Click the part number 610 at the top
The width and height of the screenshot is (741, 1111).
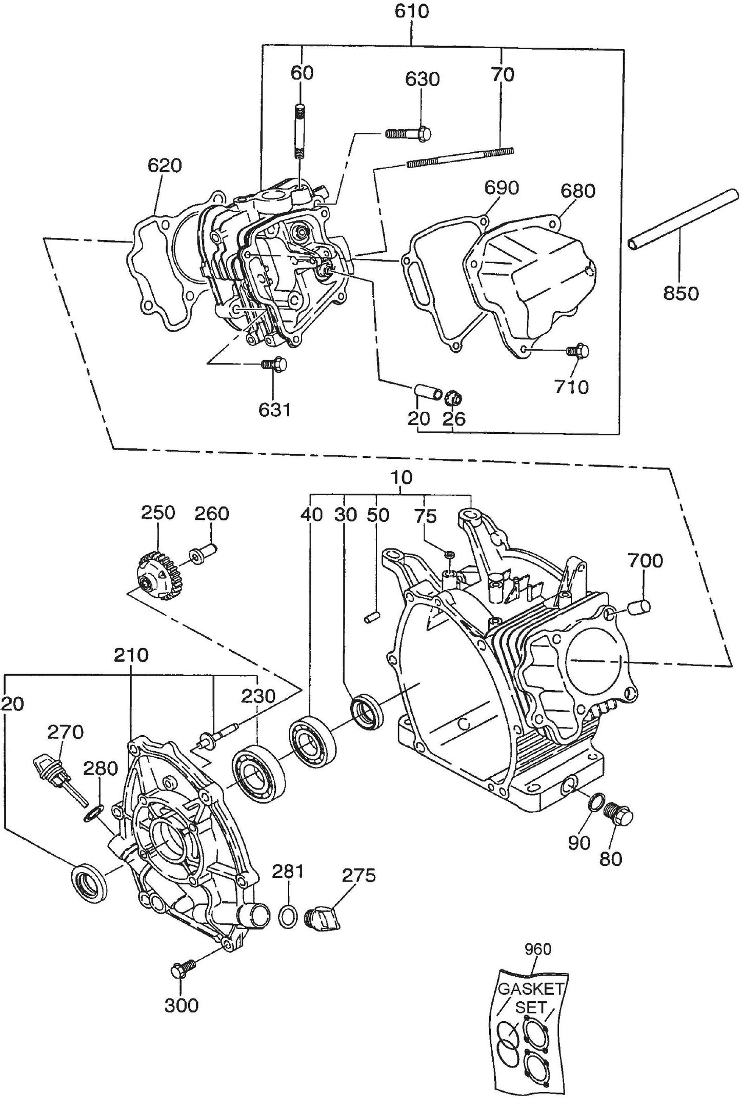pos(412,11)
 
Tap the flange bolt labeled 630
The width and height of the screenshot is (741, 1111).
pos(409,134)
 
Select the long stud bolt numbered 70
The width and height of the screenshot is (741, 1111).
pos(460,157)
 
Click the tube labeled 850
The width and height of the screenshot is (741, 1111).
pos(684,220)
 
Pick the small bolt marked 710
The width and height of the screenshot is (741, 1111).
pos(578,352)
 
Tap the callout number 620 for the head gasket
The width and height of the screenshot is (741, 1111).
pos(165,166)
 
